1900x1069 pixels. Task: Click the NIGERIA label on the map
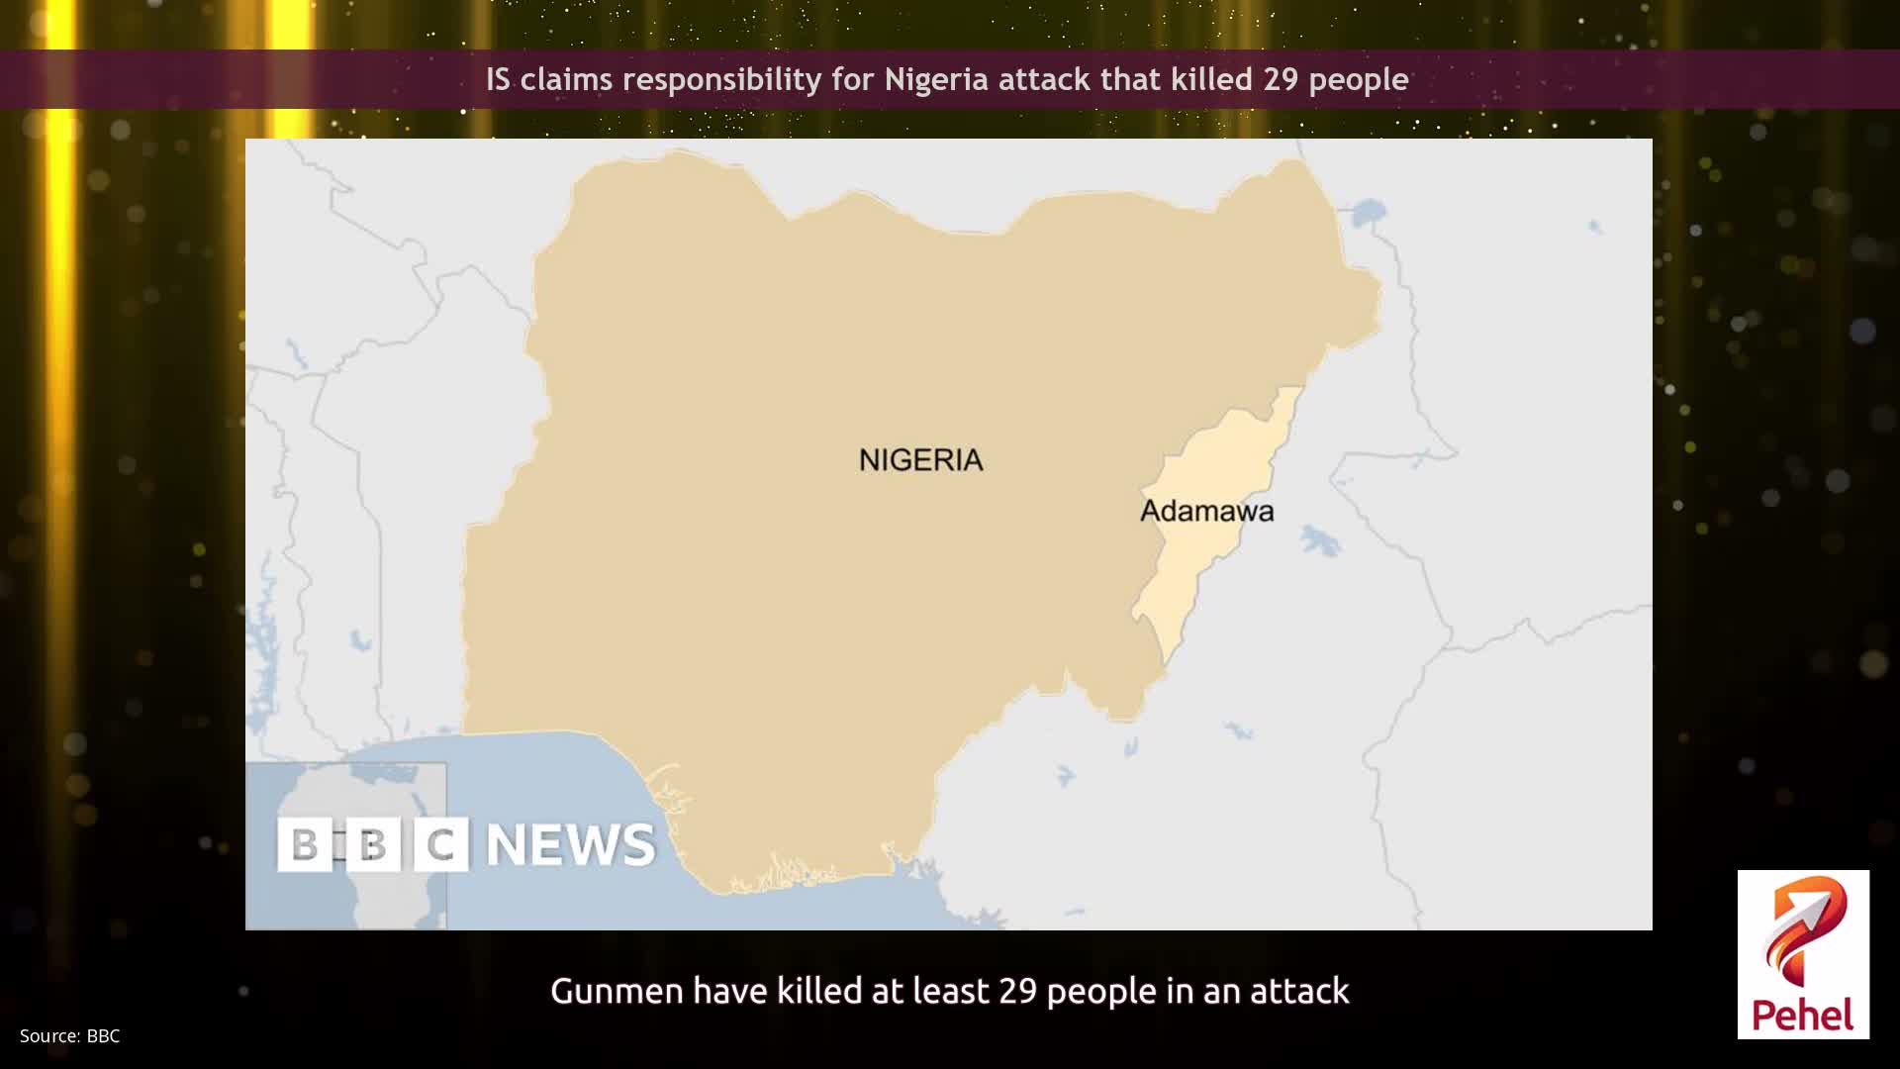tap(920, 460)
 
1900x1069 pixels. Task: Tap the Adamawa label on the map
tap(1206, 511)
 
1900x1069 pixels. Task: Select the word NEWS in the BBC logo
tap(571, 844)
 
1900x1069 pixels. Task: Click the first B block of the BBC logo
tap(305, 844)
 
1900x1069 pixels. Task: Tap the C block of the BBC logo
tap(440, 844)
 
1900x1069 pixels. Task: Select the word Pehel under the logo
tap(1803, 1016)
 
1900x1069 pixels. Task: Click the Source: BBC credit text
tap(69, 1036)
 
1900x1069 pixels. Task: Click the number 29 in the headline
tap(1281, 79)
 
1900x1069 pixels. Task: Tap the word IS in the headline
tap(498, 79)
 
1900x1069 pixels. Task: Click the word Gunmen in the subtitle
tap(617, 991)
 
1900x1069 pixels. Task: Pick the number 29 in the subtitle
tap(1017, 991)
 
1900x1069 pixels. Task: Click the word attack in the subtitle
tap(1299, 991)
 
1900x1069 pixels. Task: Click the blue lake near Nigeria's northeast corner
tap(1369, 212)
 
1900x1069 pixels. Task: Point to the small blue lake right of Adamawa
tap(1319, 540)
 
